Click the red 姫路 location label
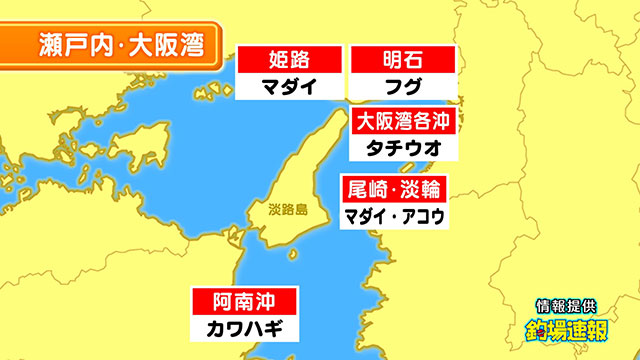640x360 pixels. coord(289,59)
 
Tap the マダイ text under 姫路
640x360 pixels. coord(289,86)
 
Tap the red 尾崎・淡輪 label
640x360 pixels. coord(393,188)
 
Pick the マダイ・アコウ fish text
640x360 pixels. coord(393,214)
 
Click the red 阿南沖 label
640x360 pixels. coord(244,301)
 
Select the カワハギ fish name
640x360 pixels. coord(244,327)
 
